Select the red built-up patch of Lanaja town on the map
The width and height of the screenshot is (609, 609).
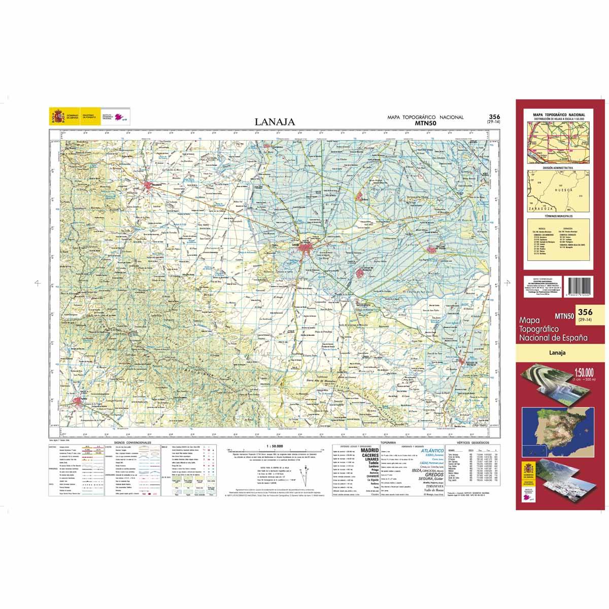(308, 248)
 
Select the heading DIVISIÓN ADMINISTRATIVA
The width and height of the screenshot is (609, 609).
(557, 167)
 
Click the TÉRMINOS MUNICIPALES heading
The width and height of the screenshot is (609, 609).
(557, 216)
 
